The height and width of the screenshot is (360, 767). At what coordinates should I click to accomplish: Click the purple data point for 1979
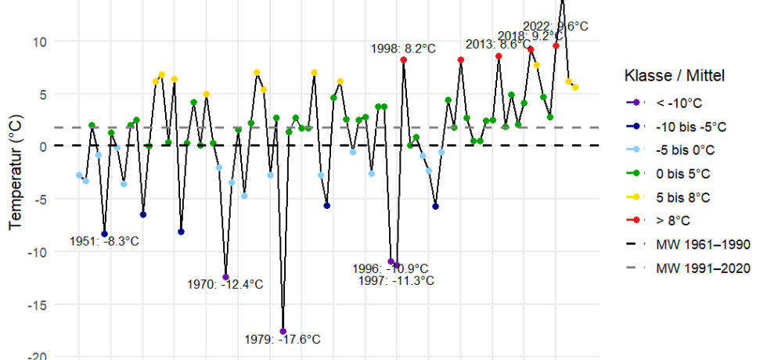click(283, 332)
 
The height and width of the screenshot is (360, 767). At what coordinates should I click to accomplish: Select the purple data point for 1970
click(225, 277)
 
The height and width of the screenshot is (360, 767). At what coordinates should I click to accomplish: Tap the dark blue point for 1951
click(104, 234)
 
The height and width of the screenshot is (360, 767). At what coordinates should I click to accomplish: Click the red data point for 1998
click(403, 60)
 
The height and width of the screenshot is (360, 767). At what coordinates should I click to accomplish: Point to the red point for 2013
click(499, 56)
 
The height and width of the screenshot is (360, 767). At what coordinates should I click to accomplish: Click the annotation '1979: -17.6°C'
click(283, 340)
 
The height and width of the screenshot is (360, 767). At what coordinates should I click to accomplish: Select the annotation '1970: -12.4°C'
click(225, 285)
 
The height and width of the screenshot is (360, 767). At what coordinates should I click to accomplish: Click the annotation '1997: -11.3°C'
click(395, 280)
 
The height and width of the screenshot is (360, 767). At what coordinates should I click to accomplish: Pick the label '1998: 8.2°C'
click(403, 49)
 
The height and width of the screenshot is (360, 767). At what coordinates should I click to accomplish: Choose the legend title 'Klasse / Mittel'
click(675, 76)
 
